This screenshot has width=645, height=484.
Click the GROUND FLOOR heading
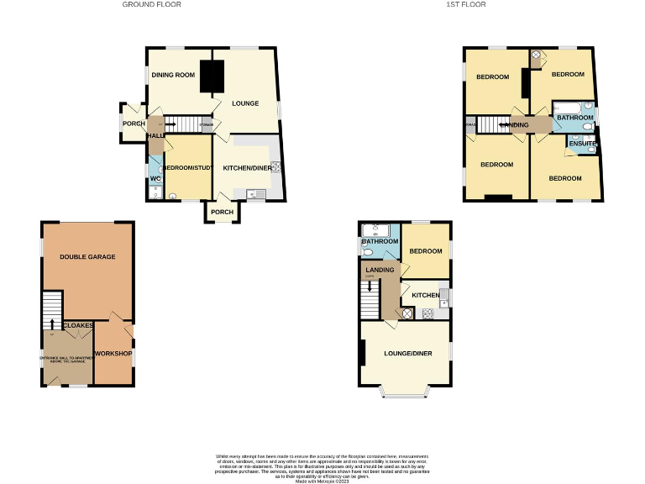tap(151, 4)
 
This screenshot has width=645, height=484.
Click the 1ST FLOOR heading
tap(467, 4)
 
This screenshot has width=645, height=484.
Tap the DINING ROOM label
tap(173, 75)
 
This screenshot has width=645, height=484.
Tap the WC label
tap(155, 179)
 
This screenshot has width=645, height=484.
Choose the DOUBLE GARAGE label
tap(87, 256)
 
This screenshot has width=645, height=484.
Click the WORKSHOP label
tap(113, 353)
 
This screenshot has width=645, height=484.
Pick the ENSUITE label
tap(582, 145)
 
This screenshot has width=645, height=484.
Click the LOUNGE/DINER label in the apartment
tap(408, 353)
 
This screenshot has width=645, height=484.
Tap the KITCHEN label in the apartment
tap(425, 296)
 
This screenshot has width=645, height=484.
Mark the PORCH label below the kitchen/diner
tap(222, 212)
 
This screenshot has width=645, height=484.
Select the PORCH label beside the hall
tap(134, 123)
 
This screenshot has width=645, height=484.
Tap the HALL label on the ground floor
tap(155, 135)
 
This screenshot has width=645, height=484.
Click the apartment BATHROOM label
tap(379, 242)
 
